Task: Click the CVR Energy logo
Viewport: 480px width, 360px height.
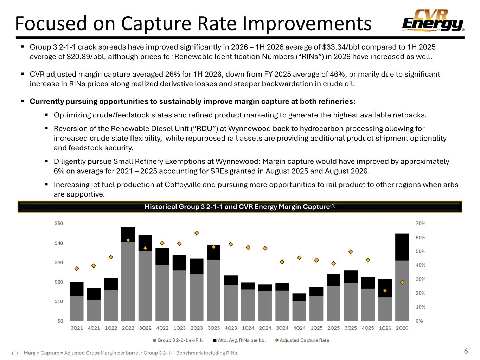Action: click(433, 20)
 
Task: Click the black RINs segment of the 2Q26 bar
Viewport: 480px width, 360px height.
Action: click(402, 247)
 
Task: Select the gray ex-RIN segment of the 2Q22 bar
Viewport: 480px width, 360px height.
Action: click(128, 281)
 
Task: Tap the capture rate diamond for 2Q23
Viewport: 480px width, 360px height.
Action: click(197, 233)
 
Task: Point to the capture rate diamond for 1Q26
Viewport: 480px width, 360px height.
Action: click(385, 291)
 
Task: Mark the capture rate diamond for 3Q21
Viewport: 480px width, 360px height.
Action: click(77, 269)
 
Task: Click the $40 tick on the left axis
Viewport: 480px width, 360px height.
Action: click(59, 243)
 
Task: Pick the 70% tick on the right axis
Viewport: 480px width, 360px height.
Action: click(420, 223)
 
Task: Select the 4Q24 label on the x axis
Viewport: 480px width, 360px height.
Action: click(299, 328)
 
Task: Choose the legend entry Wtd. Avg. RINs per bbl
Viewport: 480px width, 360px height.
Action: click(239, 340)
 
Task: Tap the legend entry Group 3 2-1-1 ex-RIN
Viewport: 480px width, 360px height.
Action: click(178, 340)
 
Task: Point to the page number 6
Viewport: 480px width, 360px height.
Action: click(466, 351)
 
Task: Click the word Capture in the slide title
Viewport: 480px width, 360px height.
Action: click(156, 24)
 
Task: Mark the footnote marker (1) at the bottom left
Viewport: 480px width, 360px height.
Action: click(15, 353)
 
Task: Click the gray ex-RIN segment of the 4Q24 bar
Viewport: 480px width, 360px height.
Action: click(299, 311)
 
